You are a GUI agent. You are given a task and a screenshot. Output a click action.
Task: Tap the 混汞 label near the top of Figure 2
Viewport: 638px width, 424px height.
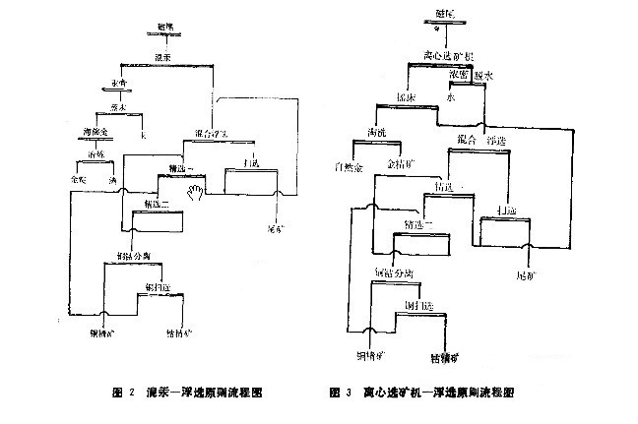tap(164, 60)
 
